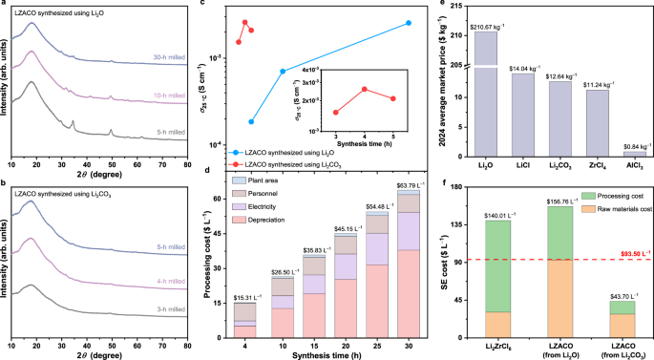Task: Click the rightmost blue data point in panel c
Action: click(409, 23)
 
